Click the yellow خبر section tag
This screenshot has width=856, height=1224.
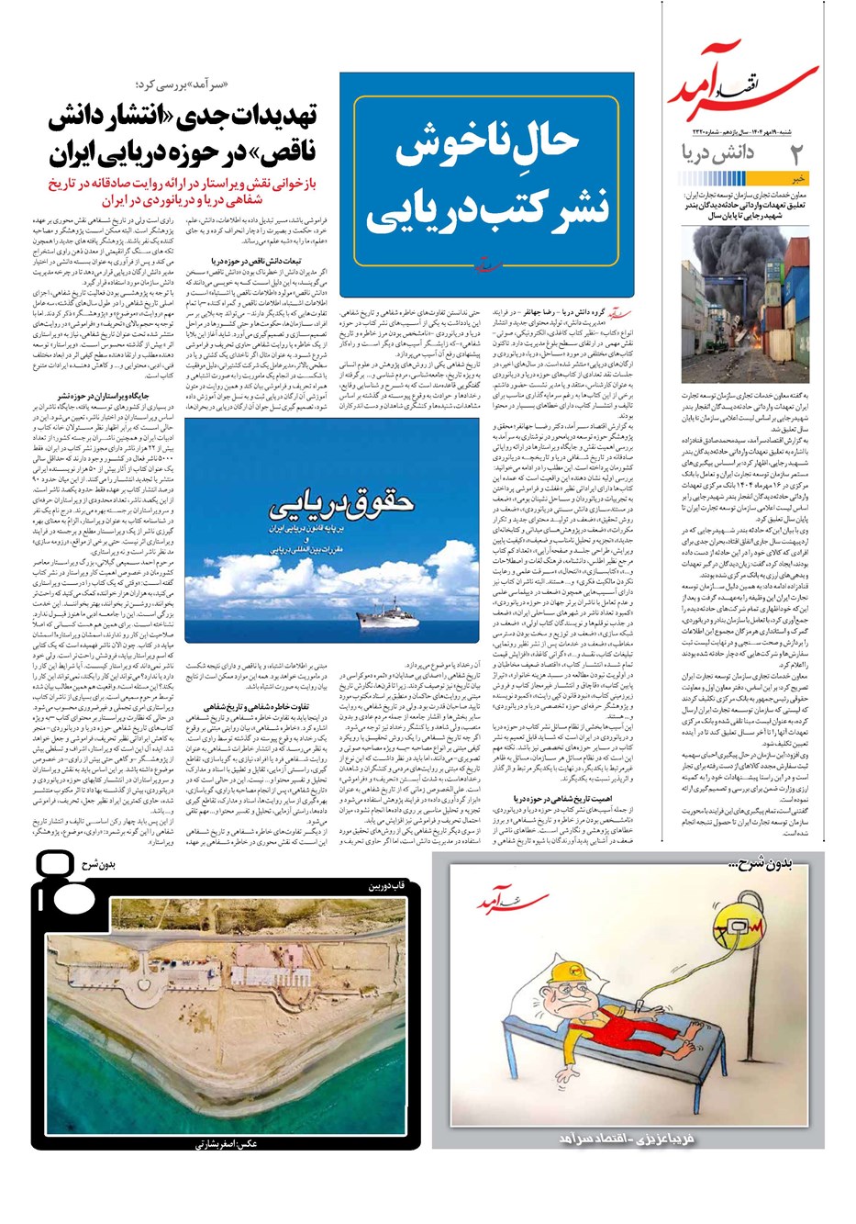tap(800, 180)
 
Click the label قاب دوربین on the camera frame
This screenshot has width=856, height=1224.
tap(379, 886)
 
